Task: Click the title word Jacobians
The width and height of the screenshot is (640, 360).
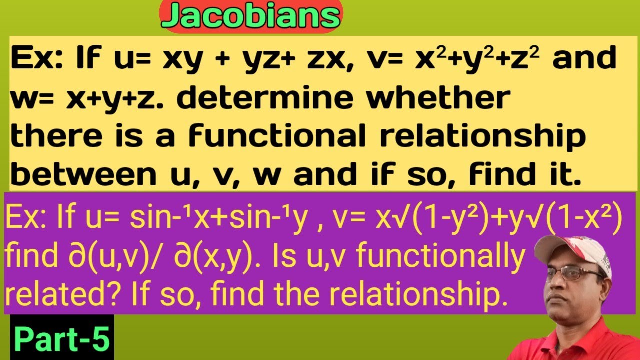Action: pos(251,16)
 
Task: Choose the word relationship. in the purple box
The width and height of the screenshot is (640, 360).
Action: pos(427,295)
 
